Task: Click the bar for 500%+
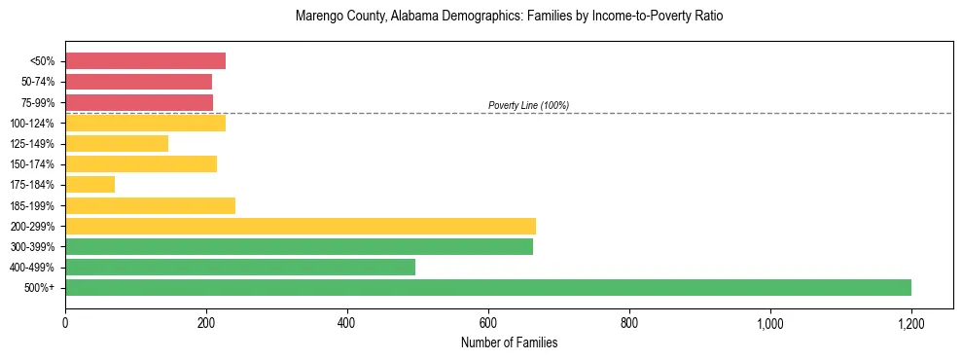(x=488, y=287)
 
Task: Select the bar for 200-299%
(x=301, y=226)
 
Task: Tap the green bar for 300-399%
(x=299, y=246)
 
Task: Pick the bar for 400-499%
(x=240, y=267)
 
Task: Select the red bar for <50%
(x=145, y=60)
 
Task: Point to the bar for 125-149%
(x=117, y=143)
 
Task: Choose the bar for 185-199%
(x=150, y=205)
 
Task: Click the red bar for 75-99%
(x=139, y=102)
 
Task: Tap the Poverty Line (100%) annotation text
(x=528, y=105)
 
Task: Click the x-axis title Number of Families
(x=509, y=342)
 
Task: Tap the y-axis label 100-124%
(x=31, y=124)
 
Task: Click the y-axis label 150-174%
(x=31, y=164)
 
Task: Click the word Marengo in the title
(x=316, y=17)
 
